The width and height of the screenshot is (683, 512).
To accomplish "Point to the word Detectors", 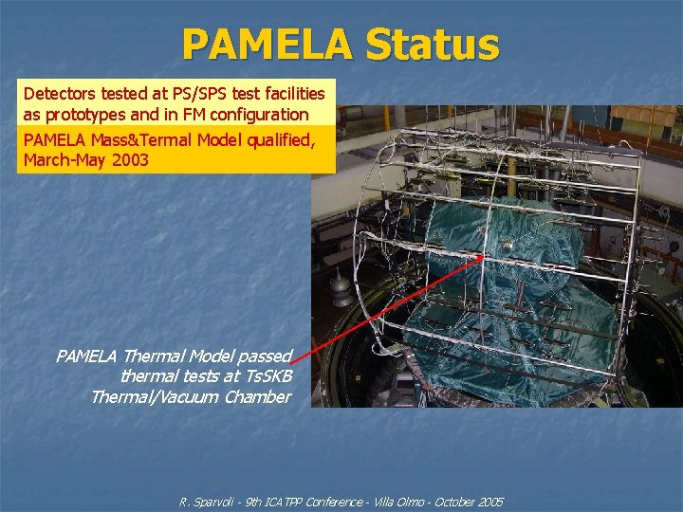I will (59, 94).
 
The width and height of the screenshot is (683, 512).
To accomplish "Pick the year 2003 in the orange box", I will (131, 160).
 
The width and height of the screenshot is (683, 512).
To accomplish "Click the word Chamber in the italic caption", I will (258, 397).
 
